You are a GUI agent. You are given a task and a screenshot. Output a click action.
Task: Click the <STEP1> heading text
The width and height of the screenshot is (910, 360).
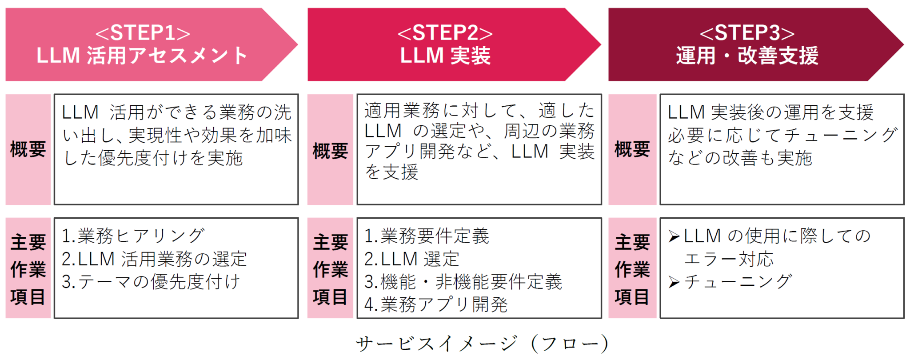[x=143, y=33]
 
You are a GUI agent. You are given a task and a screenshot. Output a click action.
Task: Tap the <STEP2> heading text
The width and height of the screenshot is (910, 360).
[x=445, y=33]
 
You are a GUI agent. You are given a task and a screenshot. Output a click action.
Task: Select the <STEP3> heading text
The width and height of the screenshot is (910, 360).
[x=747, y=33]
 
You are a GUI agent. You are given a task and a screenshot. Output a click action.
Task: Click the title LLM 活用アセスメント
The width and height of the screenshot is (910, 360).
[x=142, y=56]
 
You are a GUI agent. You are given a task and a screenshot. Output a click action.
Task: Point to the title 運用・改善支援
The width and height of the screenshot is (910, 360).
[x=747, y=56]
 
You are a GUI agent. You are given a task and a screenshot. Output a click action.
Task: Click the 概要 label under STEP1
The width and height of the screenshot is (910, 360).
[x=28, y=149]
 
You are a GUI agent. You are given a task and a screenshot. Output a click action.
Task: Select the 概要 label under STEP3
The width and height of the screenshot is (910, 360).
[x=632, y=149]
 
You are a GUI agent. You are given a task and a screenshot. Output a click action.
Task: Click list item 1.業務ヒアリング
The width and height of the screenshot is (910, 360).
[x=133, y=236]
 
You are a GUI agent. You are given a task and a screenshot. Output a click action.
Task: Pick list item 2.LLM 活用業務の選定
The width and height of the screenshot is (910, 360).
[x=154, y=259]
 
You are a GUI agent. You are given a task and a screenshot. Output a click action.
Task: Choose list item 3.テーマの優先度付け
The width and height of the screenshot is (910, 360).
[x=151, y=282]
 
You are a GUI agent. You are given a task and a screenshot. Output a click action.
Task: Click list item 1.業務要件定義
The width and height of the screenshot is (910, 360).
[x=427, y=236]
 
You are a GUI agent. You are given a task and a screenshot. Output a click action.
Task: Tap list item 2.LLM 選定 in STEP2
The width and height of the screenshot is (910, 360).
[x=411, y=259]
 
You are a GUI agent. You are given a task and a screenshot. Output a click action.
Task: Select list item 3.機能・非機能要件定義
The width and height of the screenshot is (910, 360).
[x=463, y=282]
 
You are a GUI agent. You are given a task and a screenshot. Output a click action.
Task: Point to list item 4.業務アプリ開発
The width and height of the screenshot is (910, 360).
[x=435, y=305]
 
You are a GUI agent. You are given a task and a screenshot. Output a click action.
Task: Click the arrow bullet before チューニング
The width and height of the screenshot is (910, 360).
[x=674, y=282]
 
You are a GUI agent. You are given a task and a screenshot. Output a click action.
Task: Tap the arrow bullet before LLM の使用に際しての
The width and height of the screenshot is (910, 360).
[x=674, y=236]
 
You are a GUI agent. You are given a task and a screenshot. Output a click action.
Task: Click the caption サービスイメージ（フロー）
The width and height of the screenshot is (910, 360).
[x=482, y=344]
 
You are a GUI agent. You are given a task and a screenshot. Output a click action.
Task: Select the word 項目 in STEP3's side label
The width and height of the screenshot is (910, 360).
[x=632, y=296]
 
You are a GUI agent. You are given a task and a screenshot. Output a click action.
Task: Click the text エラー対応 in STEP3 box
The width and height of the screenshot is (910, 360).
[x=729, y=259]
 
